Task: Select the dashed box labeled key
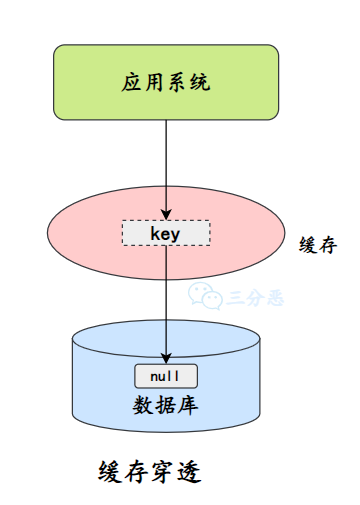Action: [165, 233]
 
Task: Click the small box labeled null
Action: [165, 377]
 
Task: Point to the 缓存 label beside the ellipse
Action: [317, 245]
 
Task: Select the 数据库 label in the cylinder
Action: [165, 405]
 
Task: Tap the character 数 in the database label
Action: [142, 405]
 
